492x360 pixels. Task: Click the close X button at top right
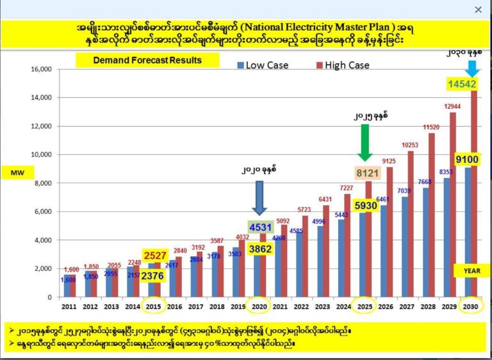[478, 9]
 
